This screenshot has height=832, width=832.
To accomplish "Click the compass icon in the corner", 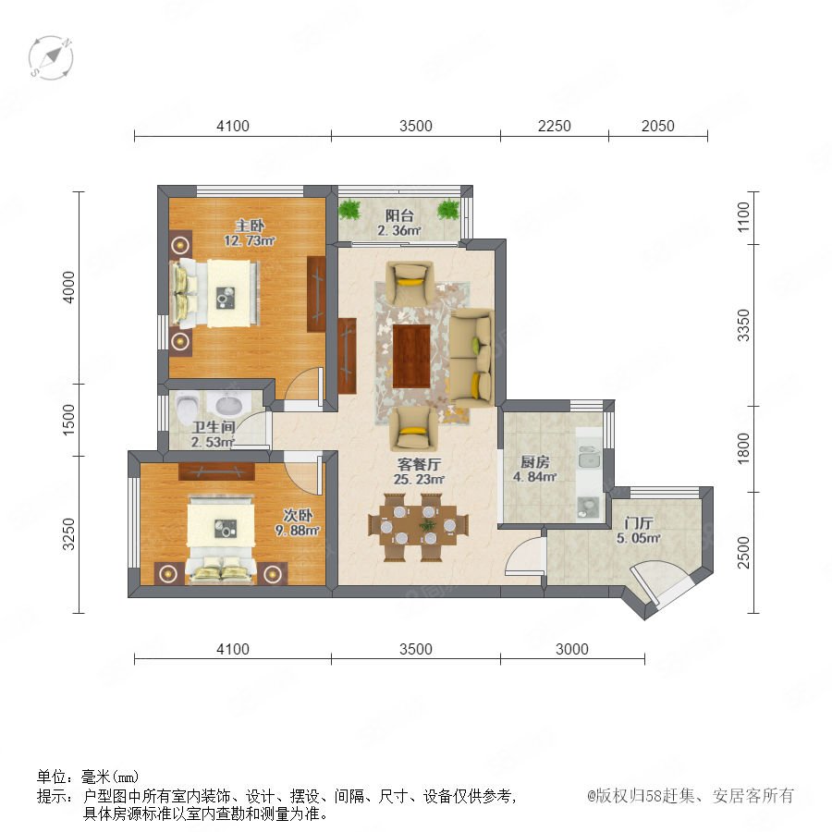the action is [51, 58].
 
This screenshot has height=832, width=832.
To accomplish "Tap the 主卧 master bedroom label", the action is [250, 226].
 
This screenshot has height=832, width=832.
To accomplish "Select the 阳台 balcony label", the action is [399, 215].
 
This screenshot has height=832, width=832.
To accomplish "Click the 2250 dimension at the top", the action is [554, 126].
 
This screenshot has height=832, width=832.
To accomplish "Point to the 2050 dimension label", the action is [657, 126].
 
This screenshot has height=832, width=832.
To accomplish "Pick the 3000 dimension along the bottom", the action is [571, 649].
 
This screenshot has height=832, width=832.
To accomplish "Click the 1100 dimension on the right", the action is [743, 217].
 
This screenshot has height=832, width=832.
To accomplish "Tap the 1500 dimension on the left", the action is [69, 420].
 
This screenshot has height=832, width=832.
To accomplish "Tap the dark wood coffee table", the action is [411, 357].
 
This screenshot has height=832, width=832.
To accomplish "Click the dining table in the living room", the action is [418, 526].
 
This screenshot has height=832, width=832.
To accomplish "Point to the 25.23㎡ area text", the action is [419, 479].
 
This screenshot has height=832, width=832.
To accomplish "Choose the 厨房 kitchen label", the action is [534, 461].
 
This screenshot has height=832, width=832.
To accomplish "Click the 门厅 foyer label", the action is [638, 523].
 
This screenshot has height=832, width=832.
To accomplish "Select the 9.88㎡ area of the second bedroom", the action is [297, 530].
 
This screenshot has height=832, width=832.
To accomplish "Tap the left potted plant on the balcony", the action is [349, 209].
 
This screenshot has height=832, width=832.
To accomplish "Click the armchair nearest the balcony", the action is [410, 281].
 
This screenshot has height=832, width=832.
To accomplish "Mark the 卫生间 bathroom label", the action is [214, 427].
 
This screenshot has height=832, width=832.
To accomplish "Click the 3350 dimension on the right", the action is [743, 325].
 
